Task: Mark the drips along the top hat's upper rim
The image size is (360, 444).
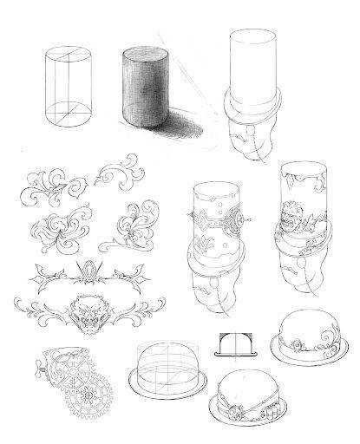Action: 300,179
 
